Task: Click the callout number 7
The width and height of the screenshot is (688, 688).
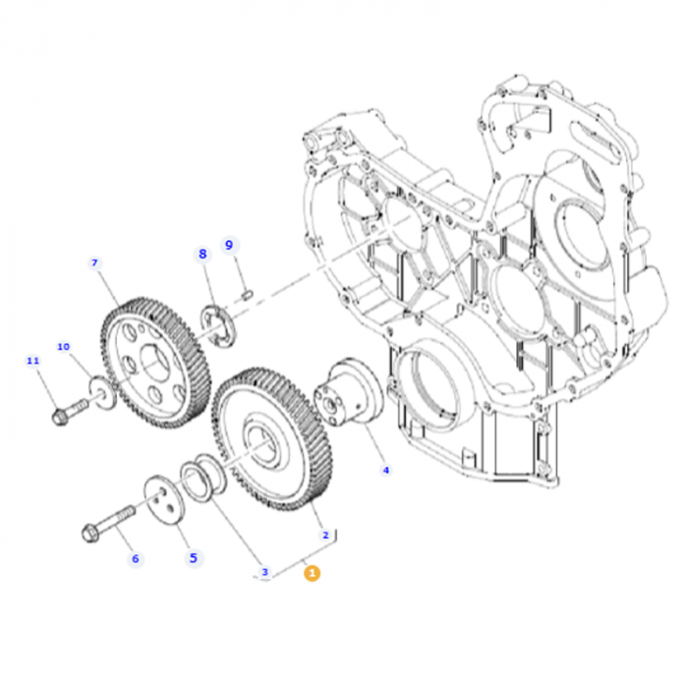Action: [x=95, y=262]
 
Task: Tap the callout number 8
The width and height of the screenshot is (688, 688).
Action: [x=203, y=254]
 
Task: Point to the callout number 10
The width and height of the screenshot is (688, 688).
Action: [x=63, y=346]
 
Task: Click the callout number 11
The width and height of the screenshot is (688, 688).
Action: [x=32, y=361]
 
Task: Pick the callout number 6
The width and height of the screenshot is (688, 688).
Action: [x=136, y=558]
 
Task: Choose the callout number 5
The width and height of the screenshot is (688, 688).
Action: [x=193, y=557]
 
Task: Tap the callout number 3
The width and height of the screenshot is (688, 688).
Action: [x=263, y=571]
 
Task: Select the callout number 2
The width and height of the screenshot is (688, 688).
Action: [x=325, y=536]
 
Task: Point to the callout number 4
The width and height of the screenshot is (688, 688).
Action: [x=385, y=470]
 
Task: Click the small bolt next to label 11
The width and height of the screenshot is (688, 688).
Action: [x=66, y=412]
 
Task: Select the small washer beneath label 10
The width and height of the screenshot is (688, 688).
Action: [x=101, y=390]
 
